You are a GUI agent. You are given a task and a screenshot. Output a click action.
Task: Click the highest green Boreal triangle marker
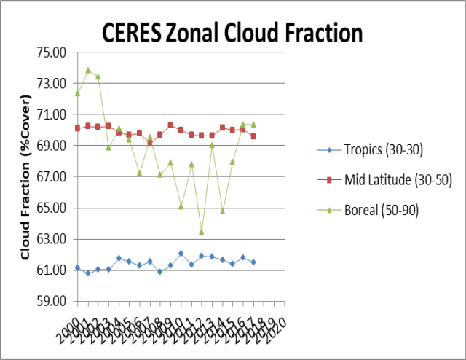[x=88, y=70]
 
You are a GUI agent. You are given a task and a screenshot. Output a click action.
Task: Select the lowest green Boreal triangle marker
[x=202, y=232]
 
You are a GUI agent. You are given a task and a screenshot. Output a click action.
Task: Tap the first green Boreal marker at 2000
[x=77, y=93]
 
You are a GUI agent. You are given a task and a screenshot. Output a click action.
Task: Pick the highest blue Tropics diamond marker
[x=181, y=254]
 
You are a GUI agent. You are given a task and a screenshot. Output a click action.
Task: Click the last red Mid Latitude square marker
[x=253, y=136]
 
